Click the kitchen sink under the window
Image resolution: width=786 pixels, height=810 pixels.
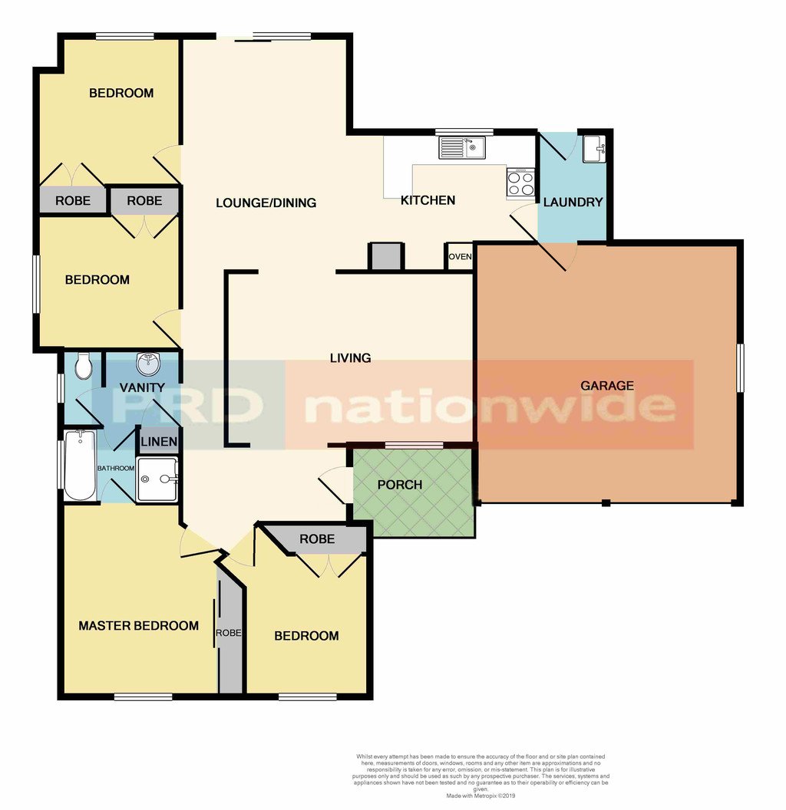(x=462, y=147)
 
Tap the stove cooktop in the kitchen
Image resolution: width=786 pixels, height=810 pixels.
(x=520, y=183)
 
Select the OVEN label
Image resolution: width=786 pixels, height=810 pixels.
(x=460, y=257)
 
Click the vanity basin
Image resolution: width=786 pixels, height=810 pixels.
(x=147, y=361)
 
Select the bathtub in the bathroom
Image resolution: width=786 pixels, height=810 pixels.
(x=80, y=465)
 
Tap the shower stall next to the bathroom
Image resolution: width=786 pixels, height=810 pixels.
(x=157, y=479)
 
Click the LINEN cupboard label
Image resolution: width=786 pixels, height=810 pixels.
(x=158, y=442)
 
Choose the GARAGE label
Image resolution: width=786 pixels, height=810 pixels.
(x=606, y=386)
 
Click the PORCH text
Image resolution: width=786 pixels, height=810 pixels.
(x=400, y=485)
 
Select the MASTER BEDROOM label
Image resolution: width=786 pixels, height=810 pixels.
(x=138, y=626)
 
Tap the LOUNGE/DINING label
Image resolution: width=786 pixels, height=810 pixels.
(x=266, y=203)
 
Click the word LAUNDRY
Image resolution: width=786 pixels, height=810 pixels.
(x=573, y=202)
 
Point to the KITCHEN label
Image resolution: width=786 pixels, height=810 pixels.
(x=428, y=200)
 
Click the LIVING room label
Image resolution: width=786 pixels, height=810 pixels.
(x=350, y=358)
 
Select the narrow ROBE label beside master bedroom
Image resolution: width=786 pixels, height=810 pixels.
(x=229, y=634)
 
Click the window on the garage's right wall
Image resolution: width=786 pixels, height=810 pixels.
(x=741, y=369)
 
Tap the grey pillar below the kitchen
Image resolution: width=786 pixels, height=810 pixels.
(x=385, y=256)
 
